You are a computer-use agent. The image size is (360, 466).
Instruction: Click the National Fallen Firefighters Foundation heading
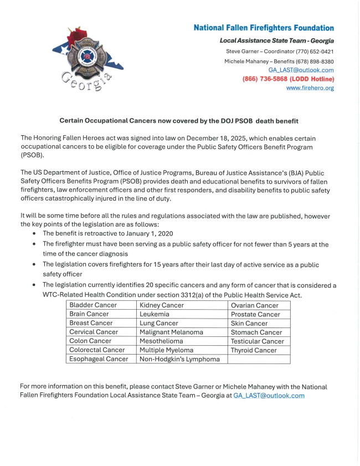264,28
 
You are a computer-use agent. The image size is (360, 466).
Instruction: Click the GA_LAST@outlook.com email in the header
301,70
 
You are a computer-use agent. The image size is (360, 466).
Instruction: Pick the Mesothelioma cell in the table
164,341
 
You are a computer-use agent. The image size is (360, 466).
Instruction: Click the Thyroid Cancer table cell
254,350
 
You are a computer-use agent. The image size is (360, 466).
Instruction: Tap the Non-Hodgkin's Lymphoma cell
179,359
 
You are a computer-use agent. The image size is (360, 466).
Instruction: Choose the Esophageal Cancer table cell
99,359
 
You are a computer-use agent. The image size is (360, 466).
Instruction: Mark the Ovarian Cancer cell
255,305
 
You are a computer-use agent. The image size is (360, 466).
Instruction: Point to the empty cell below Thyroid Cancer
259,359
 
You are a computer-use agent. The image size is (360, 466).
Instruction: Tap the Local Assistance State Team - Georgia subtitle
276,41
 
